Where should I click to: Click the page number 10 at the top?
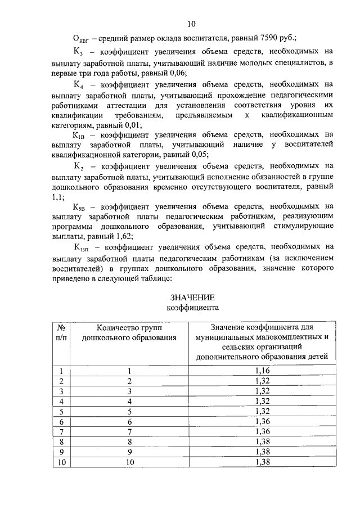click(191, 24)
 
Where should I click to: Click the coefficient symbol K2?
click(79, 166)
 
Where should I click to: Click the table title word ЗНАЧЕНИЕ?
click(193, 297)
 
